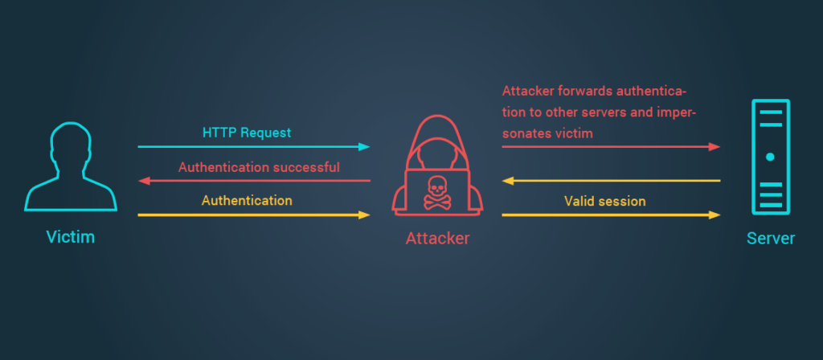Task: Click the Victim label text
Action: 71,238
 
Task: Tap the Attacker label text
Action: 437,238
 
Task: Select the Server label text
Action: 770,238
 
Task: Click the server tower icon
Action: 770,157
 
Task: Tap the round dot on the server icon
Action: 770,157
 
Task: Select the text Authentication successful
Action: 259,167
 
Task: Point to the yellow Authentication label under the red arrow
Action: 246,200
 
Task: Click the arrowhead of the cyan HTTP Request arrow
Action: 365,147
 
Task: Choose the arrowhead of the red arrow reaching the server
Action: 714,147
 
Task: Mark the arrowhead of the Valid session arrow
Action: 714,215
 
